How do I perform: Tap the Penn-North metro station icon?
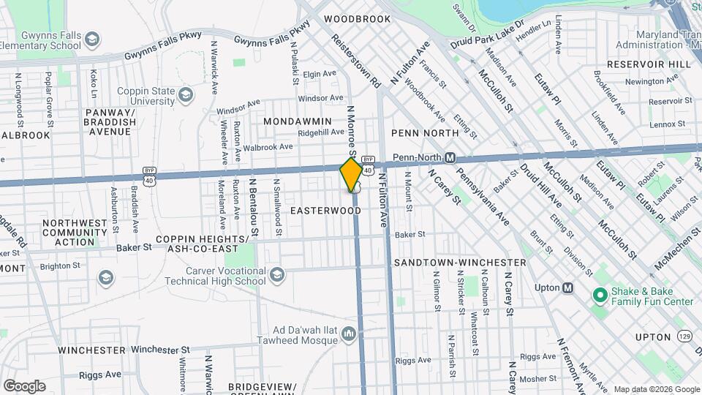[x=451, y=157]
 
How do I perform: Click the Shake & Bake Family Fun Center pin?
[x=600, y=296]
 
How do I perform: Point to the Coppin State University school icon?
[x=186, y=95]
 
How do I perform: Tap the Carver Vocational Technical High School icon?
[x=276, y=275]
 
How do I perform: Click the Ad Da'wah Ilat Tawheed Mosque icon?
[x=349, y=335]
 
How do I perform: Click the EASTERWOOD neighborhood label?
[x=325, y=211]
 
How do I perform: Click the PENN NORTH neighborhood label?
[x=425, y=133]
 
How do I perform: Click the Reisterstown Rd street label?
[x=357, y=59]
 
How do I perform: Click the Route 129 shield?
[x=684, y=336]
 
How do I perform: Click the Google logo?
[x=24, y=385]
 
